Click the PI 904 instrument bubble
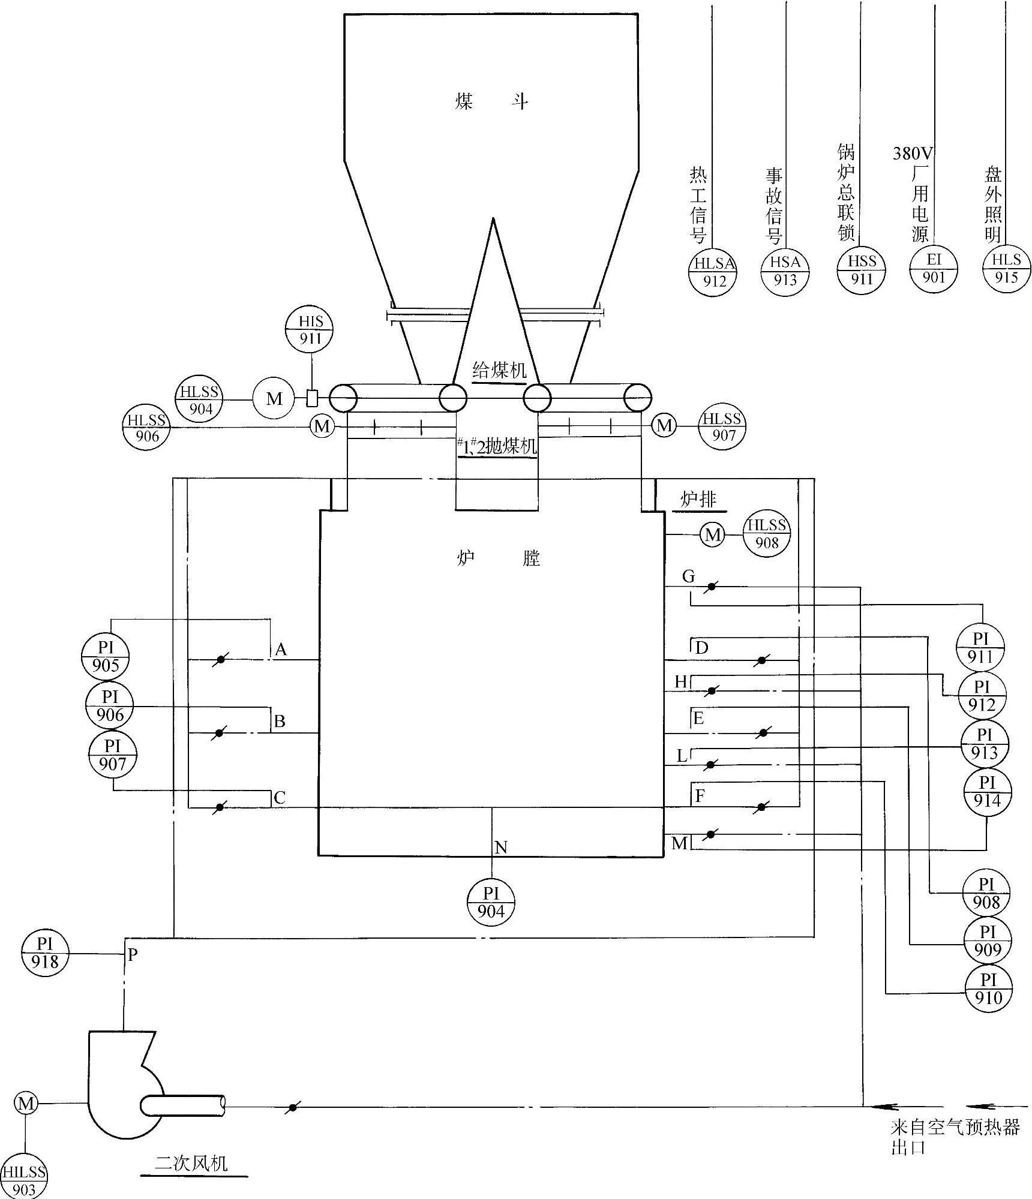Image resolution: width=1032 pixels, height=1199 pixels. pyautogui.click(x=491, y=903)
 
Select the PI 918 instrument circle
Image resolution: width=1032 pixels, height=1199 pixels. pyautogui.click(x=45, y=953)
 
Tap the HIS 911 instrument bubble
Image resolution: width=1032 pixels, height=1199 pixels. pyautogui.click(x=309, y=330)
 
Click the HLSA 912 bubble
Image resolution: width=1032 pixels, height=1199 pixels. pyautogui.click(x=713, y=271)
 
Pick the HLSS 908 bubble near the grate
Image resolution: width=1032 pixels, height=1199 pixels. pyautogui.click(x=767, y=533)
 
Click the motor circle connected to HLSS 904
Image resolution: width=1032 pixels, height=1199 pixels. pyautogui.click(x=274, y=398)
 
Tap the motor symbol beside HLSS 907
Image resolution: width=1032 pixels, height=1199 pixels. pyautogui.click(x=664, y=426)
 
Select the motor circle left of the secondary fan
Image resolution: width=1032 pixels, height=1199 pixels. pyautogui.click(x=26, y=1103)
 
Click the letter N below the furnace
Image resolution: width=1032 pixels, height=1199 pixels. pyautogui.click(x=501, y=847)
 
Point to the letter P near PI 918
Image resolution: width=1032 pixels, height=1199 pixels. pyautogui.click(x=133, y=954)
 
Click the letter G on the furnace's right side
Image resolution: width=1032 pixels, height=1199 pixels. pyautogui.click(x=688, y=576)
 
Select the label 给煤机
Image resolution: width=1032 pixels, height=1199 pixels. pyautogui.click(x=499, y=369)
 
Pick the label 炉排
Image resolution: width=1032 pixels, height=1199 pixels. pyautogui.click(x=698, y=499)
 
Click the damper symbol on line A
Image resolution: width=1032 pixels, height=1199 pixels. pyautogui.click(x=220, y=659)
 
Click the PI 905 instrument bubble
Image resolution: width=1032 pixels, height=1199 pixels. pyautogui.click(x=106, y=656)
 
